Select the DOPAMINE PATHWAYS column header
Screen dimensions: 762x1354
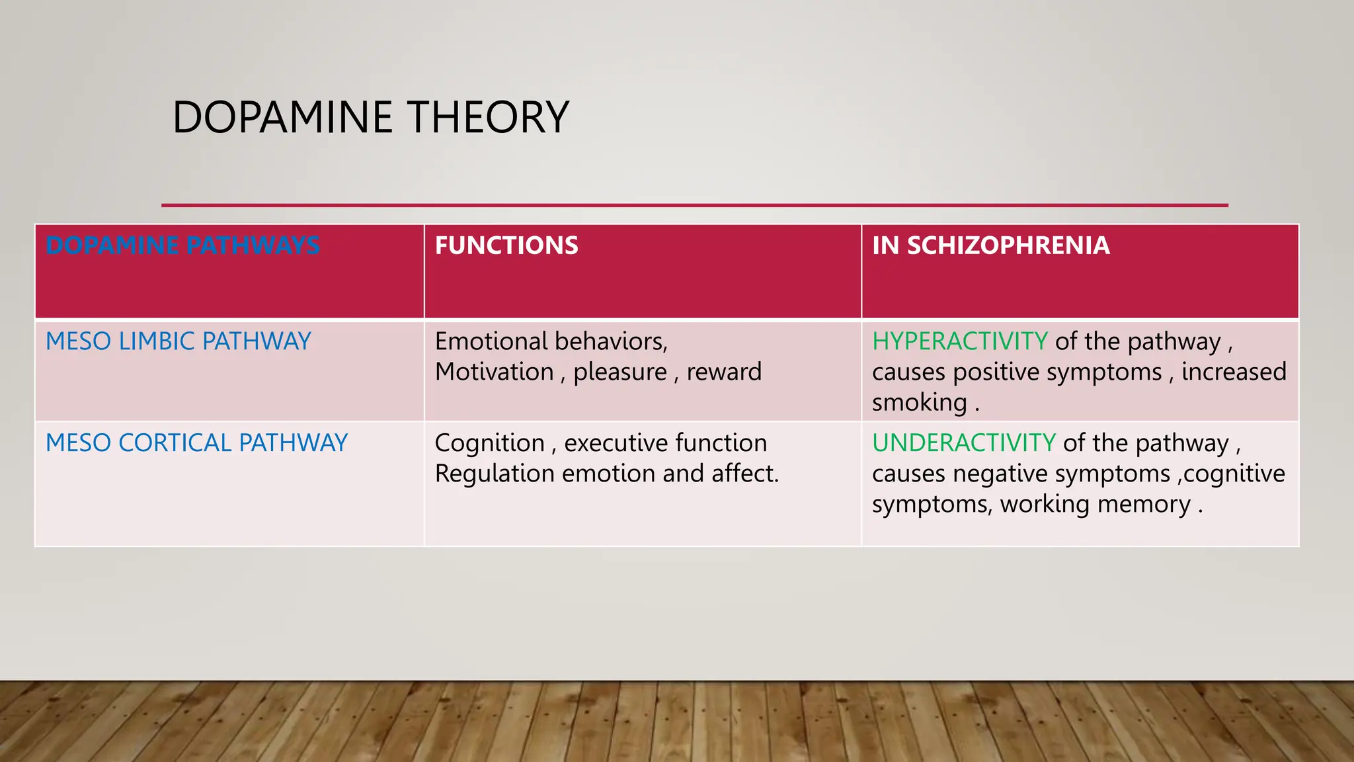182,245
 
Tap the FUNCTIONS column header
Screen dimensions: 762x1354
506,245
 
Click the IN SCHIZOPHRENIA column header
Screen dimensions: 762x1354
990,245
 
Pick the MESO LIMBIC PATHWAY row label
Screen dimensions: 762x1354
179,341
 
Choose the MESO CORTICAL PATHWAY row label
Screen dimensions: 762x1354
196,443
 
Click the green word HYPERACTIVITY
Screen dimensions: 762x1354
959,341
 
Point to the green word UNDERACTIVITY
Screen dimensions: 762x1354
964,443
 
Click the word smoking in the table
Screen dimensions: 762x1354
920,403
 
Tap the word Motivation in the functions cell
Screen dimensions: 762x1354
495,372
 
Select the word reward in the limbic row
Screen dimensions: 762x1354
724,372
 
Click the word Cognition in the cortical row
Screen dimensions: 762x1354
489,443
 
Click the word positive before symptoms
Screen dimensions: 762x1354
996,372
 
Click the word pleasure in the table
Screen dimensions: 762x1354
620,372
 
